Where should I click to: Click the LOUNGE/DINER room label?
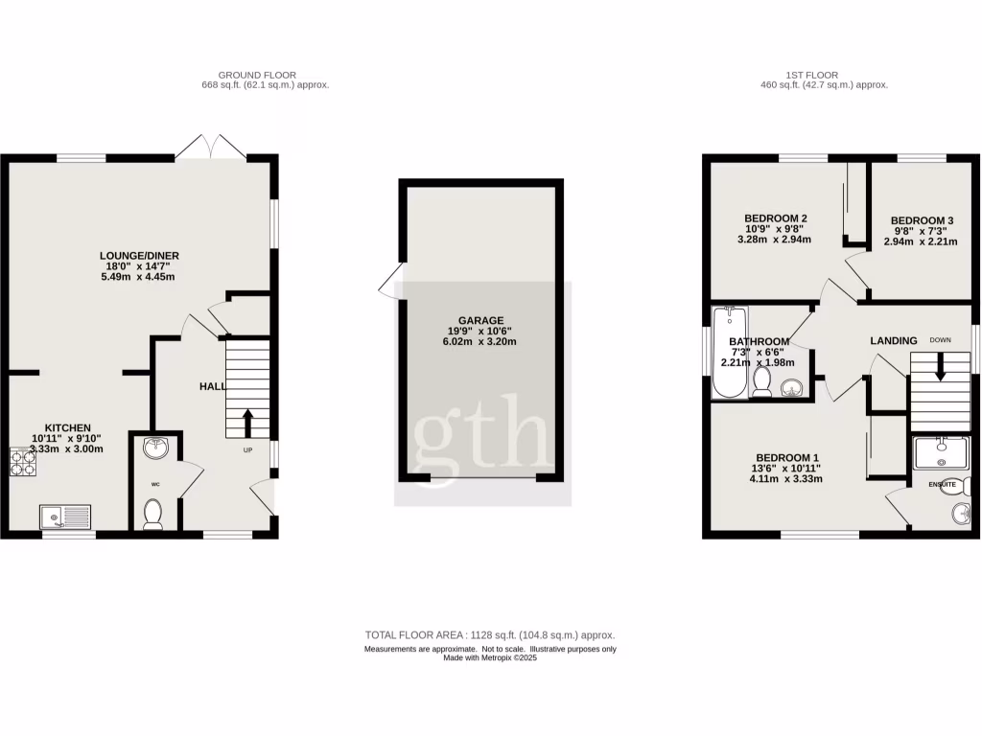[x=139, y=255]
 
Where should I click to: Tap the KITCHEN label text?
[x=67, y=427]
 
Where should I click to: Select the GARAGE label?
[x=480, y=321]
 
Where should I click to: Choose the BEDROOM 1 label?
[x=787, y=457]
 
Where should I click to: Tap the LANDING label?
[x=893, y=340]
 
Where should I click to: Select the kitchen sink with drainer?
[x=65, y=518]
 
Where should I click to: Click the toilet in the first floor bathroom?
[x=763, y=382]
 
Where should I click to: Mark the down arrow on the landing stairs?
[x=940, y=365]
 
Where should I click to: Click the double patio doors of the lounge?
[x=211, y=147]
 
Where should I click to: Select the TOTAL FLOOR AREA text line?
[x=489, y=635]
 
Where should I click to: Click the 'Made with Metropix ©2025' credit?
[x=489, y=658]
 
